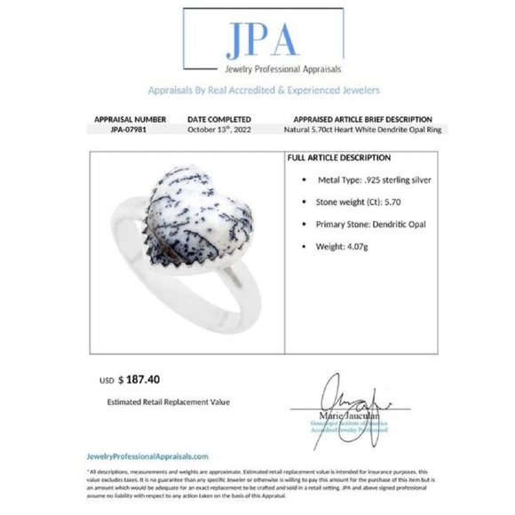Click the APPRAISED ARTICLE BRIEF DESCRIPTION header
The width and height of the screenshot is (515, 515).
coord(361,119)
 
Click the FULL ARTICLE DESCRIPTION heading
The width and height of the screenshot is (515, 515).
coord(339,158)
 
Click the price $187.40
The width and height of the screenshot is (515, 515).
coord(147,378)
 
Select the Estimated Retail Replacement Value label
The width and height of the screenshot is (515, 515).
coord(168,401)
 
